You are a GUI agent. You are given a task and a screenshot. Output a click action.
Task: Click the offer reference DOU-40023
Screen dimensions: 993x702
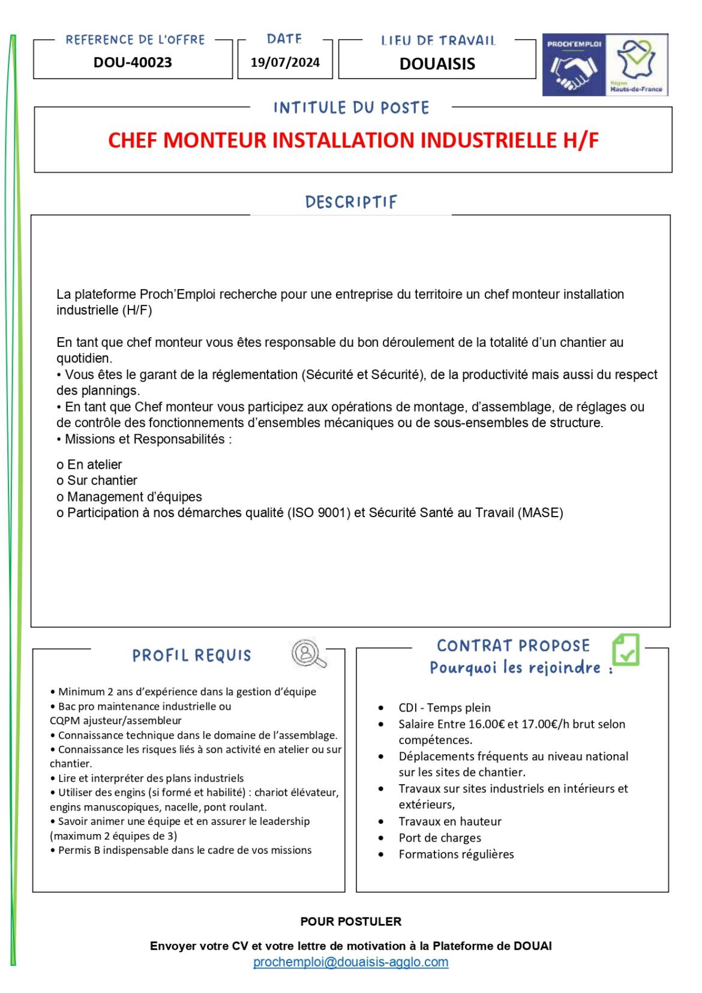tap(133, 62)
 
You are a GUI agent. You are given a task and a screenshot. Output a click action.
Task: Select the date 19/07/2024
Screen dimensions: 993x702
tap(285, 62)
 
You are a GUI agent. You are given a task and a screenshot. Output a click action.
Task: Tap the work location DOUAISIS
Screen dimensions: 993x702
tap(437, 64)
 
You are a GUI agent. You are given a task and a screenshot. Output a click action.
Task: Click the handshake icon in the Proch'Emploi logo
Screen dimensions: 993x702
tap(573, 71)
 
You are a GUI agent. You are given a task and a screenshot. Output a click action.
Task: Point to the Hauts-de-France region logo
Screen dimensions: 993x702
tap(637, 65)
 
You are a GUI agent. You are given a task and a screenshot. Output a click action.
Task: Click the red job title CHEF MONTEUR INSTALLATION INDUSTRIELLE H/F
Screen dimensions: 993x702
tap(353, 140)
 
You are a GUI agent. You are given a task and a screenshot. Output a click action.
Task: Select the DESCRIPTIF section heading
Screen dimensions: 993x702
tap(351, 202)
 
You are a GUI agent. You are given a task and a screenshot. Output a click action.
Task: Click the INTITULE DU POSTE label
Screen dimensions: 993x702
tap(351, 108)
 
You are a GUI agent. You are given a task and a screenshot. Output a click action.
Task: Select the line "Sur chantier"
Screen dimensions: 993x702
tap(102, 481)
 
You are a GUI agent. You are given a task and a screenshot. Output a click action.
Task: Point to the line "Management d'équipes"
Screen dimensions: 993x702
tap(134, 497)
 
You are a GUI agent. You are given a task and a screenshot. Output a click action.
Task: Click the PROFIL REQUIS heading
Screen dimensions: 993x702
tap(191, 655)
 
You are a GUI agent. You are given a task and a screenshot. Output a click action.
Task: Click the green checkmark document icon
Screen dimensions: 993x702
tap(626, 649)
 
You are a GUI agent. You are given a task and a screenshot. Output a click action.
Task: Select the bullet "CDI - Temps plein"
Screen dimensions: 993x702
tap(445, 708)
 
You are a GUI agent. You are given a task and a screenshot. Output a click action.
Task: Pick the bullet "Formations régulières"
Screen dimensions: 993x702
tap(456, 854)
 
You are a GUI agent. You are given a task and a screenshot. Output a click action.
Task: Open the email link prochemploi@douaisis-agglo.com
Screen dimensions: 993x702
tap(350, 962)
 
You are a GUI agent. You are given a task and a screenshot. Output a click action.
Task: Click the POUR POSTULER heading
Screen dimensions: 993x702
tap(350, 922)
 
